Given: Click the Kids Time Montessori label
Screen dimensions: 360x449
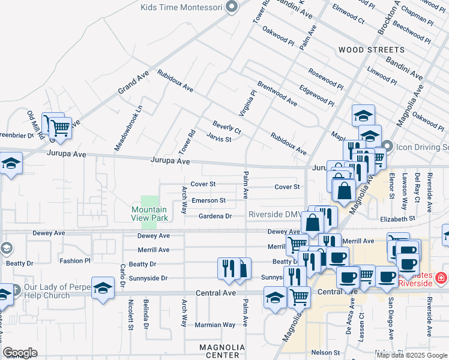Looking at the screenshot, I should click(181, 8).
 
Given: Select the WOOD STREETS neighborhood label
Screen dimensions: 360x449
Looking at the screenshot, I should click(371, 49).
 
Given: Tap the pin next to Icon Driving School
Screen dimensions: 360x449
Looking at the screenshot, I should click(388, 146).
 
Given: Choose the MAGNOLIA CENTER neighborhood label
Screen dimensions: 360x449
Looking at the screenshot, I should click(222, 351).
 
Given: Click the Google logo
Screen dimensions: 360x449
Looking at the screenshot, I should click(20, 353).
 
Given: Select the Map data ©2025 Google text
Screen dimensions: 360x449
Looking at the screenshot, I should click(412, 355).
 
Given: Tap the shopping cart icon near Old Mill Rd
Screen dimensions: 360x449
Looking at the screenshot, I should click(59, 128).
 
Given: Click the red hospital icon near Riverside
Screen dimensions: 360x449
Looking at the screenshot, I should click(440, 278).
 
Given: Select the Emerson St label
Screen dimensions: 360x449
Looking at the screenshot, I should click(209, 200).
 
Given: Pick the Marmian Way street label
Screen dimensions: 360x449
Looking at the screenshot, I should click(215, 325).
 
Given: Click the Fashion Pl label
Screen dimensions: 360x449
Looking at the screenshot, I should click(75, 261).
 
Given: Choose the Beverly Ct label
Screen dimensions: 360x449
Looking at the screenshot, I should click(227, 127).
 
